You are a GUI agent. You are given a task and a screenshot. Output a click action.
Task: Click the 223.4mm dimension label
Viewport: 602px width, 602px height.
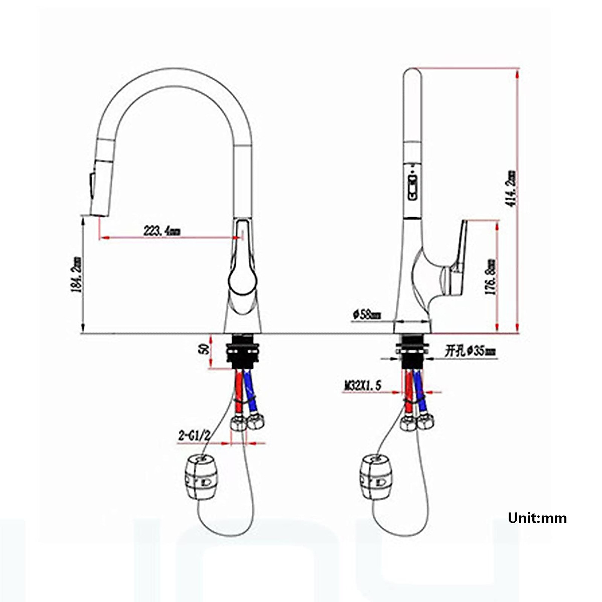(162, 231)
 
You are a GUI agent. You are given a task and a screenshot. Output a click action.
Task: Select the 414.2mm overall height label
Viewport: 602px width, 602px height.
(511, 190)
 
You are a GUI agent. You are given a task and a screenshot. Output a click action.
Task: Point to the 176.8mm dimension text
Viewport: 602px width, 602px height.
(492, 276)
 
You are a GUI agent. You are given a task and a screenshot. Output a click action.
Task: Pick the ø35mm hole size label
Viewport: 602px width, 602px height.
(470, 351)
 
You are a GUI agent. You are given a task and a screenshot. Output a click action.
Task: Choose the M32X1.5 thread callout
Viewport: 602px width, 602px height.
(362, 385)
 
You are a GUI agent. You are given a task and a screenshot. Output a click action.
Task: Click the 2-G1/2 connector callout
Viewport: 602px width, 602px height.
(194, 435)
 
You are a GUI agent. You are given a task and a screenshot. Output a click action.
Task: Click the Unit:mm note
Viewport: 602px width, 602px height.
(537, 518)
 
